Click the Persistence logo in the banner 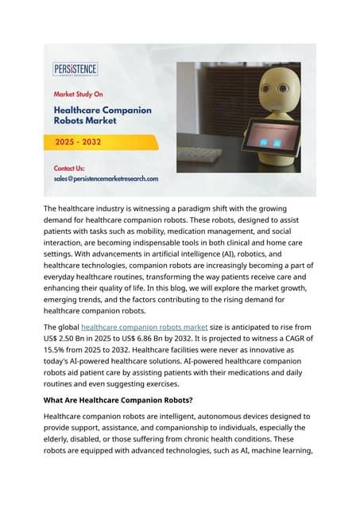click(75, 69)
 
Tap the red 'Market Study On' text click(82, 93)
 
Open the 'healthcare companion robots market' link click(145, 327)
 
